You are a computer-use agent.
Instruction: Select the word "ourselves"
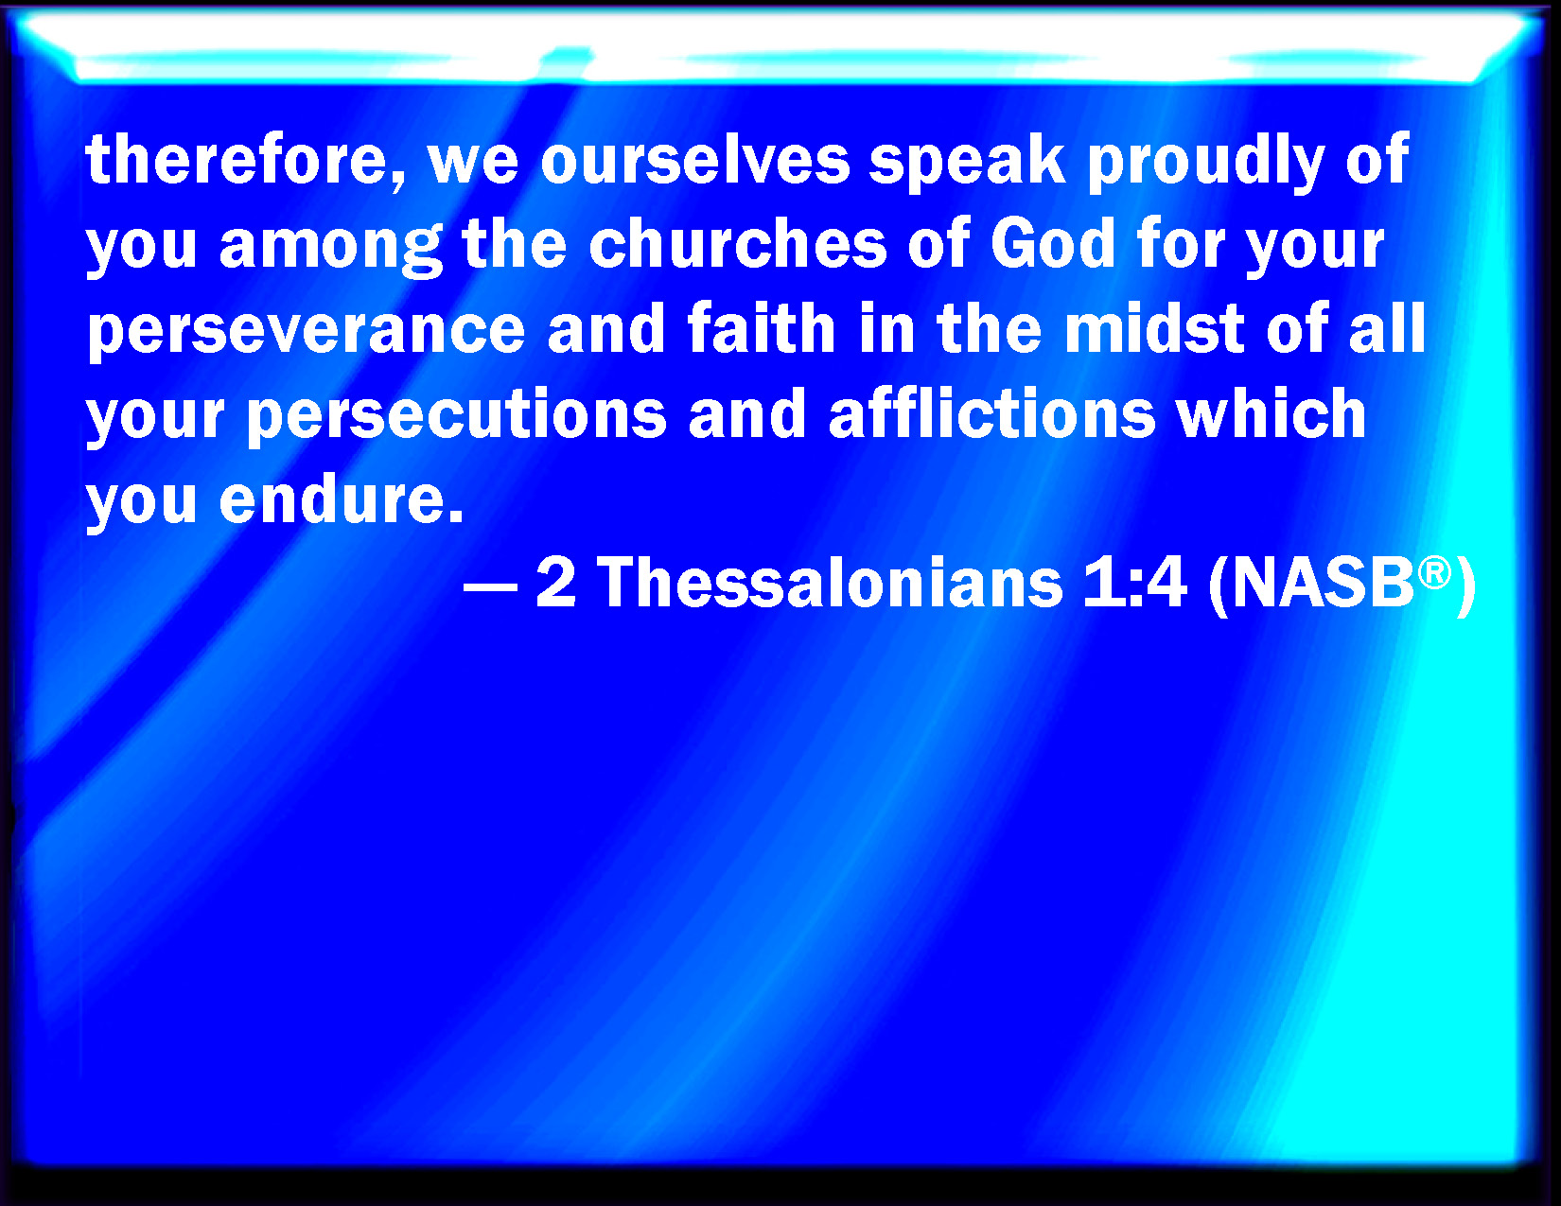coord(694,161)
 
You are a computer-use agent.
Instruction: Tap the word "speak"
coord(967,164)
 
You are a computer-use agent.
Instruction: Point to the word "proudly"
coord(1205,164)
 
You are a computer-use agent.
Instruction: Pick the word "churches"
coord(738,243)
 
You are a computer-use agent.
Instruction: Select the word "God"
coord(1052,243)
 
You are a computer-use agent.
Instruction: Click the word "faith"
coord(761,327)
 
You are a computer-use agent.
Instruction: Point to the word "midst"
coord(1154,327)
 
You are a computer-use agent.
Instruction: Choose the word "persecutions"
coord(457,416)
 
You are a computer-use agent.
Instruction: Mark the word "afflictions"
coord(991,412)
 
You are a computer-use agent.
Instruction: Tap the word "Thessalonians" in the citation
coord(830,583)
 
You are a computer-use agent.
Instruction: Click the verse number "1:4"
coord(1134,583)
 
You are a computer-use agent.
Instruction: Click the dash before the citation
coord(490,586)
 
